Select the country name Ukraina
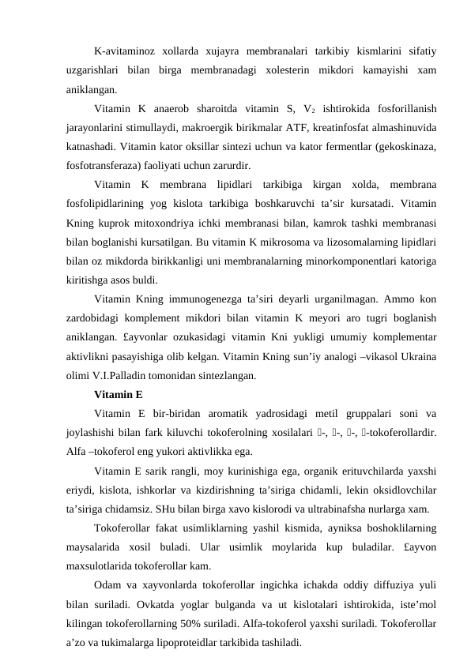pos(416,357)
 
